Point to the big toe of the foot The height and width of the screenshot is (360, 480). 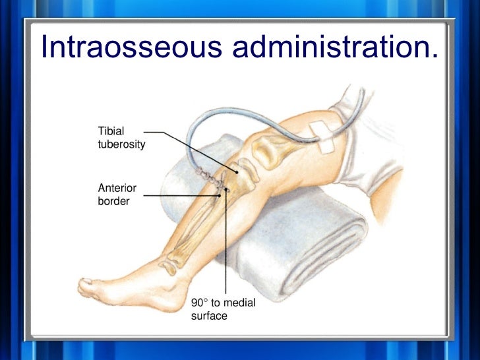click(86, 284)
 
